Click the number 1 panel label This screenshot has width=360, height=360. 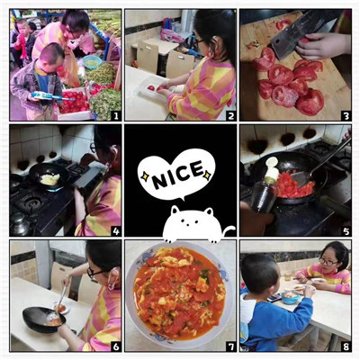[x=115, y=115]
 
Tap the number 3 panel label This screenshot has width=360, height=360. [x=346, y=115]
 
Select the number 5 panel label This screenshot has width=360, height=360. [x=346, y=231]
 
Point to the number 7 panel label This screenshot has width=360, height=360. [x=230, y=346]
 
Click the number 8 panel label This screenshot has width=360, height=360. [x=346, y=346]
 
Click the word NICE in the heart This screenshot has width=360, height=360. [x=177, y=175]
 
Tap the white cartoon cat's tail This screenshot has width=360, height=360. [x=229, y=230]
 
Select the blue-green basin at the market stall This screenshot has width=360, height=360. [x=92, y=62]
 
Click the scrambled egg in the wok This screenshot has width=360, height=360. [x=50, y=179]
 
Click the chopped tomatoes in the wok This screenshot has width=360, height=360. [x=292, y=185]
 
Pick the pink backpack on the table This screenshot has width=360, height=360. [x=171, y=35]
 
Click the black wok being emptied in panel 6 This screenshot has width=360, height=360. [x=44, y=319]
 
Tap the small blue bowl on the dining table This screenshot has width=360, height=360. [x=291, y=298]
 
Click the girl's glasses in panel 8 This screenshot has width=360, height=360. [x=328, y=262]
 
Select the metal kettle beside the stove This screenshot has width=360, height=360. [x=21, y=224]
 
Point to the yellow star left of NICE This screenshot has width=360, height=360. [x=145, y=177]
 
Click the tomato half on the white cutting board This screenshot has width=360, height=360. [x=151, y=88]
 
